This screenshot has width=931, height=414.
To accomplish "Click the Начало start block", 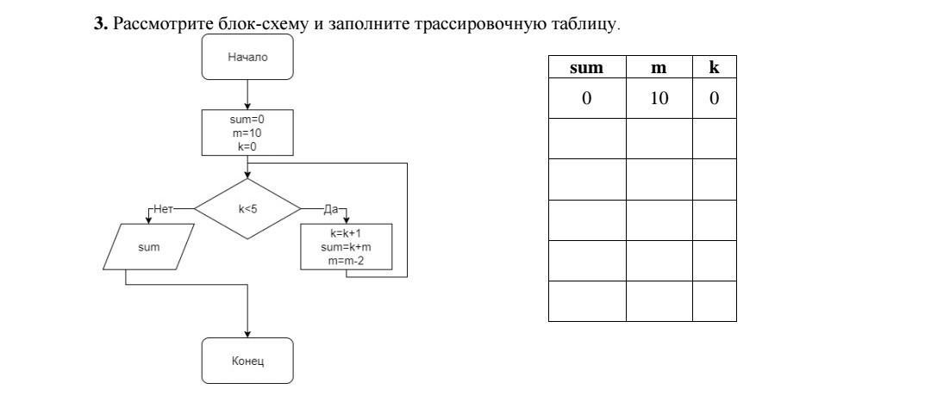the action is pos(247,57).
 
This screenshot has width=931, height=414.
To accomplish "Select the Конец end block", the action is pos(247,361).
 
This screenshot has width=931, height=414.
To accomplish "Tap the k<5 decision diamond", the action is pos(247,209).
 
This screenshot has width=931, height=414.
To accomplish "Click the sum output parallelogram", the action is pos(149,247).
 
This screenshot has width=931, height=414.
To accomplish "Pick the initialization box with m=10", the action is pos(247,133).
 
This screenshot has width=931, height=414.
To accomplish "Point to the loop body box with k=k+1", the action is pos(347,247).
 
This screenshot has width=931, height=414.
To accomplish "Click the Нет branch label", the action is pos(162,209).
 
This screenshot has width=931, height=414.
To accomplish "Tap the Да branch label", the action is pos(330,209).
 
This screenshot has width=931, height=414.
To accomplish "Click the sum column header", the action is pos(587,68).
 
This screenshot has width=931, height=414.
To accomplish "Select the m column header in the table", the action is pos(659,68).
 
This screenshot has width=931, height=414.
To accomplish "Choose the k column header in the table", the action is pos(715,68).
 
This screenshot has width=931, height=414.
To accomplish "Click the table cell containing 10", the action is pos(659,98).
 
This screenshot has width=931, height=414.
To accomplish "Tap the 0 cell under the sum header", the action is pos(587,98).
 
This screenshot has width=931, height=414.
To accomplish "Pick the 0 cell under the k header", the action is pos(715,98).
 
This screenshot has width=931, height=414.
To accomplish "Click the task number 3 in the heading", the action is pos(100,24).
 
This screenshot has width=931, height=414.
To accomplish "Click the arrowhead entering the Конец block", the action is pos(247,334).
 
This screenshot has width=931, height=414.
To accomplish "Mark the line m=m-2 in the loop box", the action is pos(347,259).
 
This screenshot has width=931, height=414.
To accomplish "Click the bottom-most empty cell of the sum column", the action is pos(587,301).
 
